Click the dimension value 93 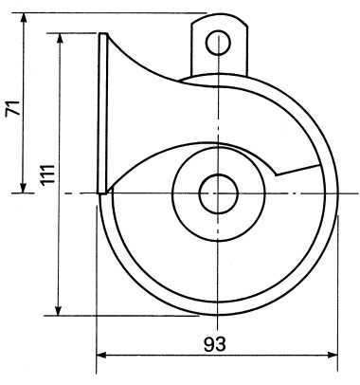(x=215, y=344)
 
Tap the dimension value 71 (x=13, y=109)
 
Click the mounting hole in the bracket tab (x=218, y=43)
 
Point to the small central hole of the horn (x=219, y=193)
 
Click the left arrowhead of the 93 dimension (x=101, y=355)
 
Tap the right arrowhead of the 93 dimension (x=333, y=355)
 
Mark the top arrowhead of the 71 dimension (x=23, y=18)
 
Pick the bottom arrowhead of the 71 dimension (x=23, y=188)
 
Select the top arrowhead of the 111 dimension (x=59, y=38)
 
